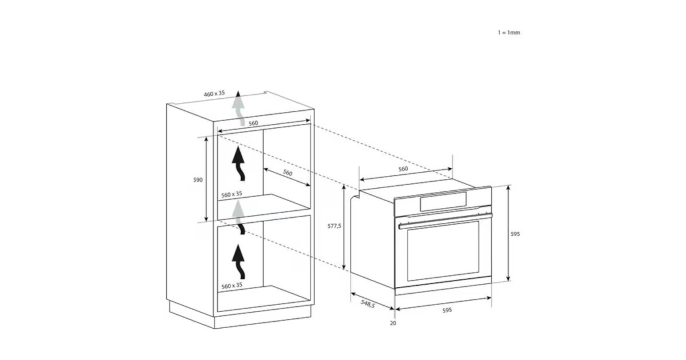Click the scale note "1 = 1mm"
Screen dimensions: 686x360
[509, 33]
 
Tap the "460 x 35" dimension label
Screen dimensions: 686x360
[214, 93]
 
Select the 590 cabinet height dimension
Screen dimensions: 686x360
[198, 179]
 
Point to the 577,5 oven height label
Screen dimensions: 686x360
[334, 226]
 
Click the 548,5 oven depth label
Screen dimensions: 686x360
[368, 303]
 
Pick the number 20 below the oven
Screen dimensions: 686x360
[393, 323]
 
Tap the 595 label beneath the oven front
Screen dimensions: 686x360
[447, 310]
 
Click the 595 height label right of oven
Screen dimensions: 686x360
[515, 234]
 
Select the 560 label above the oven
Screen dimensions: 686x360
[403, 169]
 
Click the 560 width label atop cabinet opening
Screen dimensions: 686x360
[253, 123]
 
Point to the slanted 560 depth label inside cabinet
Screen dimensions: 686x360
[288, 173]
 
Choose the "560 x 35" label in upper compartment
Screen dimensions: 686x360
[232, 194]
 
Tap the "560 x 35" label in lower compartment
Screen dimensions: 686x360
[232, 286]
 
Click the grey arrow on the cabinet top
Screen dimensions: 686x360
[238, 108]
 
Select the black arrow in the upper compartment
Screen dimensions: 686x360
[238, 163]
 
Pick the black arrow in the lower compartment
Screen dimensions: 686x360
[238, 262]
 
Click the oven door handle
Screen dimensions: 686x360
[445, 221]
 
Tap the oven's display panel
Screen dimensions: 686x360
[444, 202]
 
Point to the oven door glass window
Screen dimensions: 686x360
[443, 251]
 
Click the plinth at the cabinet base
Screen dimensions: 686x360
[240, 315]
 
